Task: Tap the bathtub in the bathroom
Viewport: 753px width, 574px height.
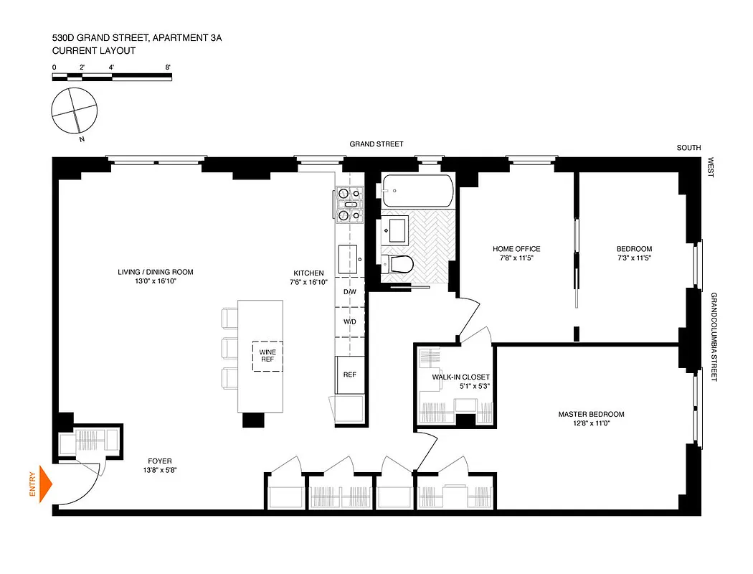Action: coord(417,191)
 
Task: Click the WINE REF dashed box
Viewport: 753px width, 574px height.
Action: coord(267,356)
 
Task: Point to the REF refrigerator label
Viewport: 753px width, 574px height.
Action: coord(349,375)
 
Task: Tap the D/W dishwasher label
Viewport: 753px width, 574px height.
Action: coord(349,292)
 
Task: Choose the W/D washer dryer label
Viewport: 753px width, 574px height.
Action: coord(349,321)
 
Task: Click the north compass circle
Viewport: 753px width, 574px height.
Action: coord(73,110)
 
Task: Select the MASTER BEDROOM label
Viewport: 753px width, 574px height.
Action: coord(591,414)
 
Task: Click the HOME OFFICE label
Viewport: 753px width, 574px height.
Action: coord(516,249)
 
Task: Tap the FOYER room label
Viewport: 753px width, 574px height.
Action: coord(160,461)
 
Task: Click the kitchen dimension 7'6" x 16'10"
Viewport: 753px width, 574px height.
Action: coord(308,282)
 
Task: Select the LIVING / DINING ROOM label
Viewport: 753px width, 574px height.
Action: coord(156,272)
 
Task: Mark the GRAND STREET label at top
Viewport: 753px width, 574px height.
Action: coord(376,144)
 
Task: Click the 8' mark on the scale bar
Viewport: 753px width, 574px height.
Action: coord(167,67)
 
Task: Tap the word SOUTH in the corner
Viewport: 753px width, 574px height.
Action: coord(688,148)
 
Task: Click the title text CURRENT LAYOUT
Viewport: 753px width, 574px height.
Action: coord(93,51)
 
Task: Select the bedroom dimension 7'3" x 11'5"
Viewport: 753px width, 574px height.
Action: coord(634,258)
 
